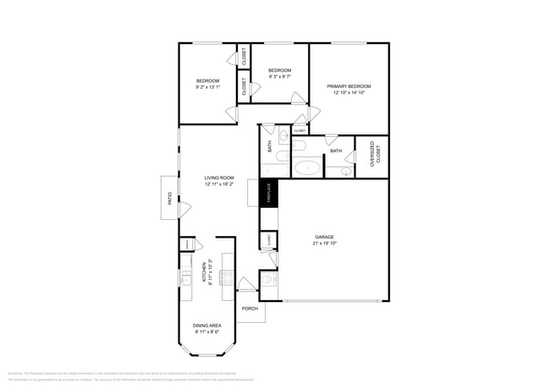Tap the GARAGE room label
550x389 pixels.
(x=324, y=237)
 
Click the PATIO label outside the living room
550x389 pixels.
(x=169, y=199)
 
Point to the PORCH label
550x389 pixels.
(x=250, y=309)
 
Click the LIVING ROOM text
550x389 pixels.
(x=218, y=178)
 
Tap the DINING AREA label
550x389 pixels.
(x=207, y=326)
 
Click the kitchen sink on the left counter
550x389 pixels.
(x=185, y=277)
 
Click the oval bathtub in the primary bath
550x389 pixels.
(x=307, y=167)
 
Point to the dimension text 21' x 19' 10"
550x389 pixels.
(x=324, y=244)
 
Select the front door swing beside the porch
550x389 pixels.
(x=246, y=286)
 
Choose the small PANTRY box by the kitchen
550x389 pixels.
(x=185, y=245)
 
